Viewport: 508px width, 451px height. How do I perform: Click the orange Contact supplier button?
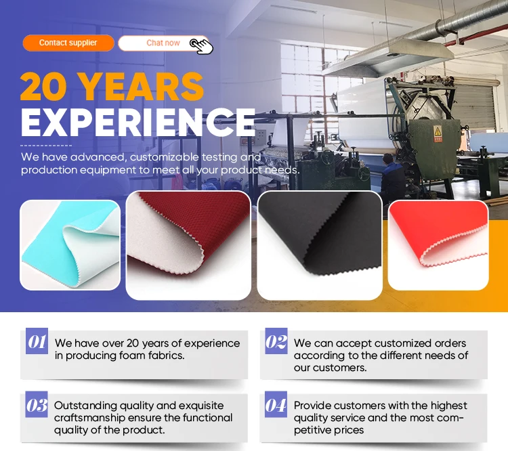68,43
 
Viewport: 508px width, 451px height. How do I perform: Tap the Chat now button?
164,43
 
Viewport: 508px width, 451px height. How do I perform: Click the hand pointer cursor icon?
202,46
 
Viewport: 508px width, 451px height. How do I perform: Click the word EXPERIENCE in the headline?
138,122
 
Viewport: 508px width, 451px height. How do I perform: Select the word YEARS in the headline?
142,86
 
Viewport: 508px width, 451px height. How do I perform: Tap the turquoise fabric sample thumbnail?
70,245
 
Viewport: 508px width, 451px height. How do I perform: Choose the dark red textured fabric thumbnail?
188,245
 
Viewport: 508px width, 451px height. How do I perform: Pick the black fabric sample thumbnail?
320,245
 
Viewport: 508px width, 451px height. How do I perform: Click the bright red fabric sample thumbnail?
438,245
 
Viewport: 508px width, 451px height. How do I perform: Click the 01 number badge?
37,341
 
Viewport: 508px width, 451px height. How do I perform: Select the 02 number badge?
276,341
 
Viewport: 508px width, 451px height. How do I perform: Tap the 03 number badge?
37,404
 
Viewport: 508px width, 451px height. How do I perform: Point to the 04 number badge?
276,404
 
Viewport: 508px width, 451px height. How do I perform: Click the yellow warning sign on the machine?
438,133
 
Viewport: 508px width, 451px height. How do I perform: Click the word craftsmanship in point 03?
89,418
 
